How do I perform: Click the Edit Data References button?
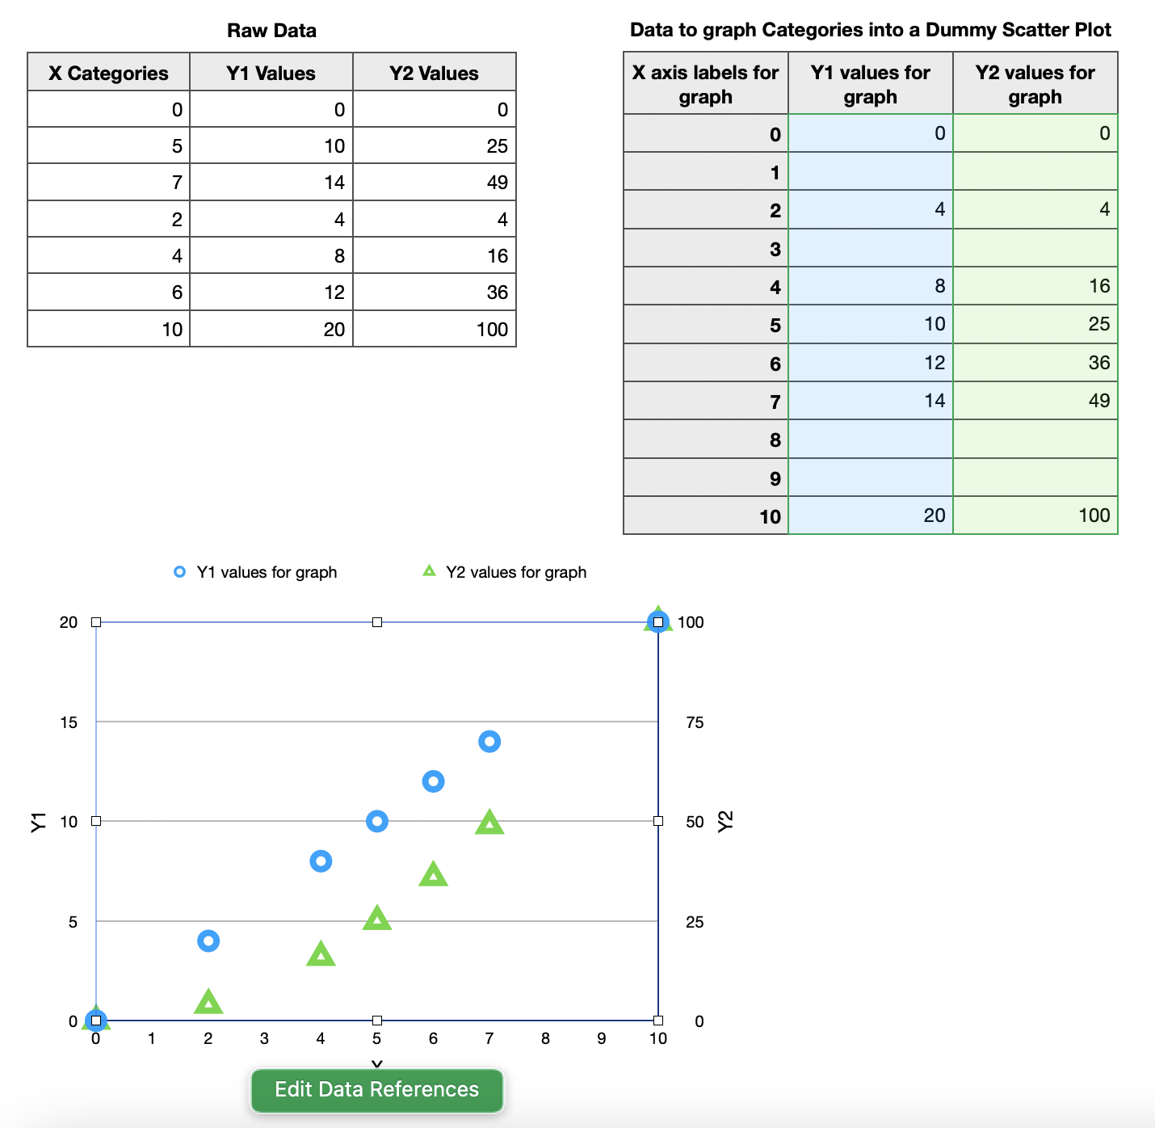click(x=376, y=1089)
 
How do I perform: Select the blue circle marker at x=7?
click(x=489, y=741)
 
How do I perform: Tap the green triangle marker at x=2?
click(x=208, y=1002)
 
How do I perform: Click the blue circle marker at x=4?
click(x=321, y=861)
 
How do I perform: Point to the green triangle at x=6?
click(x=434, y=874)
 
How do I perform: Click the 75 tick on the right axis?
click(x=695, y=722)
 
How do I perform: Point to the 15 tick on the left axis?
click(x=69, y=722)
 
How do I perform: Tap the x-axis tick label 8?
click(x=545, y=1038)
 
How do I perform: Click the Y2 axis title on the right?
click(x=725, y=821)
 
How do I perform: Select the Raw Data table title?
click(x=271, y=31)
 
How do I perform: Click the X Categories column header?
click(x=108, y=73)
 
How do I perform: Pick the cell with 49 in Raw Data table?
click(x=435, y=183)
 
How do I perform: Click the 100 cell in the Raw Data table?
click(x=435, y=329)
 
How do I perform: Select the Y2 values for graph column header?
click(x=1035, y=84)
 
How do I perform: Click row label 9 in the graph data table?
click(x=706, y=478)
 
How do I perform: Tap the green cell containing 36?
click(x=1035, y=363)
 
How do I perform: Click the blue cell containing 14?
click(x=870, y=401)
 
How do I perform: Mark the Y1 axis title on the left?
click(x=38, y=822)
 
